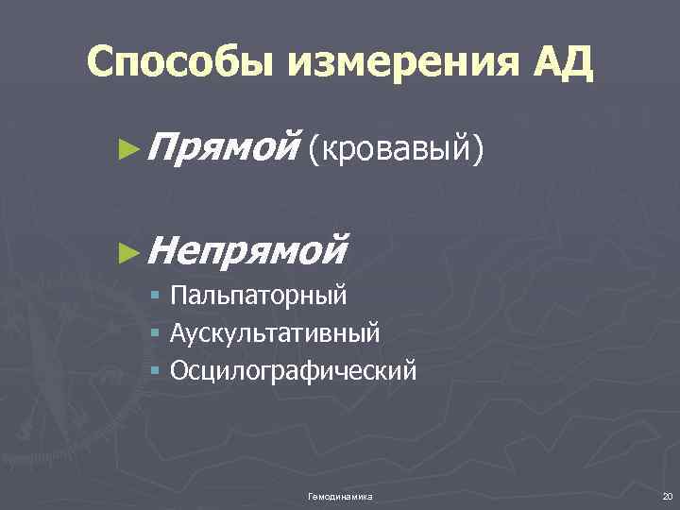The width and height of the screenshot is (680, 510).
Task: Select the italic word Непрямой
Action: [248, 248]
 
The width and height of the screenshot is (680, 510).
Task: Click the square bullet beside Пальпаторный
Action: [156, 297]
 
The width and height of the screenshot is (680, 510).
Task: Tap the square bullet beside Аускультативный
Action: [156, 332]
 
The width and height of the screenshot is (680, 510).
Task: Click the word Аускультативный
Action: [276, 331]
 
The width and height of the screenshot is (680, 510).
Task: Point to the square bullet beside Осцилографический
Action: [156, 369]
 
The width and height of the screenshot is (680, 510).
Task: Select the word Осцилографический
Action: [293, 368]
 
